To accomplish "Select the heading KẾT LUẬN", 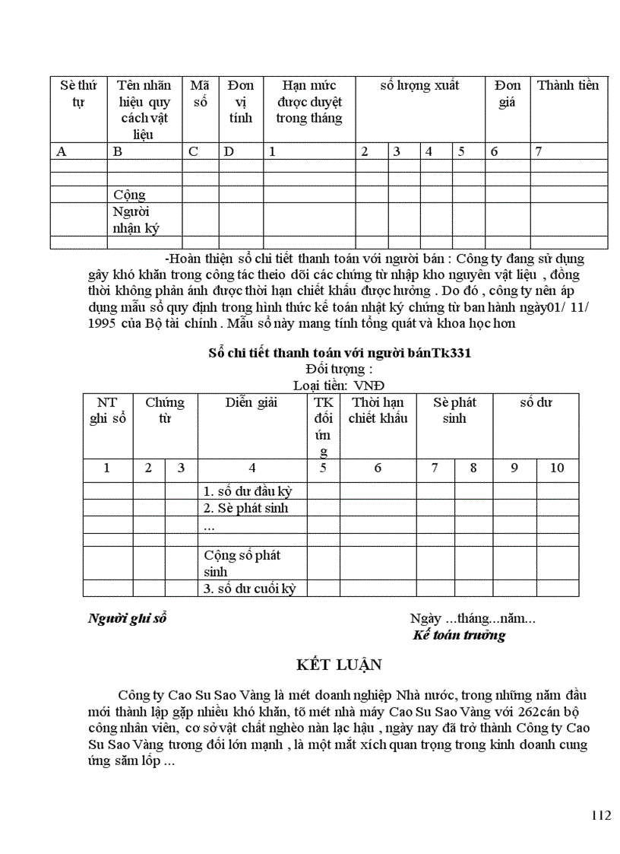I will coord(339,665).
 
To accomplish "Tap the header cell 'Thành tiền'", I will coord(568,85).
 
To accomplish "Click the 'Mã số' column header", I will coord(200,93).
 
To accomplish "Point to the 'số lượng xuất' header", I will coord(419,85).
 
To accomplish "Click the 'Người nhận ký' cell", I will coord(136,219).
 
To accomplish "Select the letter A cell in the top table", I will coord(62,151).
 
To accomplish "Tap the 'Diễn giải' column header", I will coord(251,402).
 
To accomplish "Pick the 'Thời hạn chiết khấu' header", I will coord(378,410).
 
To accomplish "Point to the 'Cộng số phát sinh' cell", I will coord(242,563).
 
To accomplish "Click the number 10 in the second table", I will coord(557,468).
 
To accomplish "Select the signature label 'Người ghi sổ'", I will coord(127,618).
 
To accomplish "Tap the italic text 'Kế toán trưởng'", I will coord(459,635).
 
